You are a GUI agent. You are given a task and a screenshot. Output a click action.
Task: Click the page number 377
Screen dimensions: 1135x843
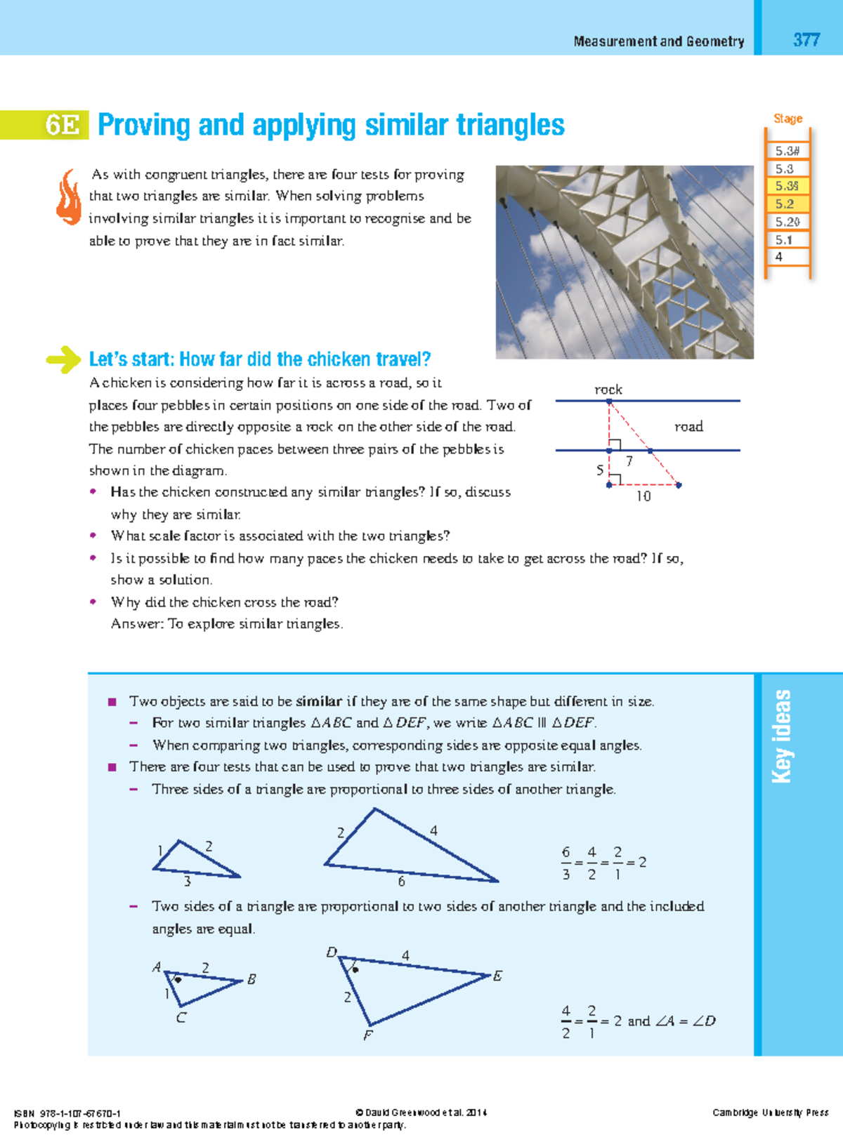pyautogui.click(x=806, y=40)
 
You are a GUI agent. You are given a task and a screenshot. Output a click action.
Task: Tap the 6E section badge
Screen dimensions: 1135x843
pyautogui.click(x=63, y=125)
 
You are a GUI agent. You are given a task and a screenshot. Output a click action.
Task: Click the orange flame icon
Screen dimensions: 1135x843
pyautogui.click(x=69, y=197)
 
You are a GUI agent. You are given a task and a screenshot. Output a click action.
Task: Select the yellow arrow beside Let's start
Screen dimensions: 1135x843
pyautogui.click(x=64, y=359)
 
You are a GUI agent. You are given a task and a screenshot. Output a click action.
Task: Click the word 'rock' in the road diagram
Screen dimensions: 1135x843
pyautogui.click(x=608, y=389)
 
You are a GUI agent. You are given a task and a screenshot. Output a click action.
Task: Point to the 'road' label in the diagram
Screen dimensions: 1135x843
pyautogui.click(x=688, y=426)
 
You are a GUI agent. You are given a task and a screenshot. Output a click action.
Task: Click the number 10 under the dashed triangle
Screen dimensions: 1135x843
pyautogui.click(x=643, y=496)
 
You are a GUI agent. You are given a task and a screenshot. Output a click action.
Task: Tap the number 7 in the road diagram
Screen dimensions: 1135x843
pyautogui.click(x=629, y=461)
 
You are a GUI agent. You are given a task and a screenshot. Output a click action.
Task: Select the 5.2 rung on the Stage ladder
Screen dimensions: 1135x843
pyautogui.click(x=785, y=204)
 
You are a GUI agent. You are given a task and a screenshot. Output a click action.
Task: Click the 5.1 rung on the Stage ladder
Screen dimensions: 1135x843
pyautogui.click(x=784, y=239)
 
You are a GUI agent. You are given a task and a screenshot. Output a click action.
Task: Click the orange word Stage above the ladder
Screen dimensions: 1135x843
pyautogui.click(x=788, y=119)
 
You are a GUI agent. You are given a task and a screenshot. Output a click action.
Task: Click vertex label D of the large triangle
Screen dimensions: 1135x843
pyautogui.click(x=332, y=952)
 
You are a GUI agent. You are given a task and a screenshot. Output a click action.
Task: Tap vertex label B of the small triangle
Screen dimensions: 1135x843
pyautogui.click(x=251, y=978)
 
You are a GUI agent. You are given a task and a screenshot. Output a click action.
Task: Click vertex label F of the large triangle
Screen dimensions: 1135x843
pyautogui.click(x=367, y=1035)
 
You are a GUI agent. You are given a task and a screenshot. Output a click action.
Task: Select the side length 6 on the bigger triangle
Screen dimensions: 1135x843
pyautogui.click(x=401, y=881)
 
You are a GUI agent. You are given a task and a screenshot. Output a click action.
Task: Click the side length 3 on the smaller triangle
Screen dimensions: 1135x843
pyautogui.click(x=187, y=881)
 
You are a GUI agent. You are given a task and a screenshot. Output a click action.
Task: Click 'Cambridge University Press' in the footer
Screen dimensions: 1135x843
pyautogui.click(x=770, y=1113)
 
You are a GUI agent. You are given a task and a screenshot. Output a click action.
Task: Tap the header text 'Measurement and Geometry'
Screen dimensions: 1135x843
pyautogui.click(x=658, y=41)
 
